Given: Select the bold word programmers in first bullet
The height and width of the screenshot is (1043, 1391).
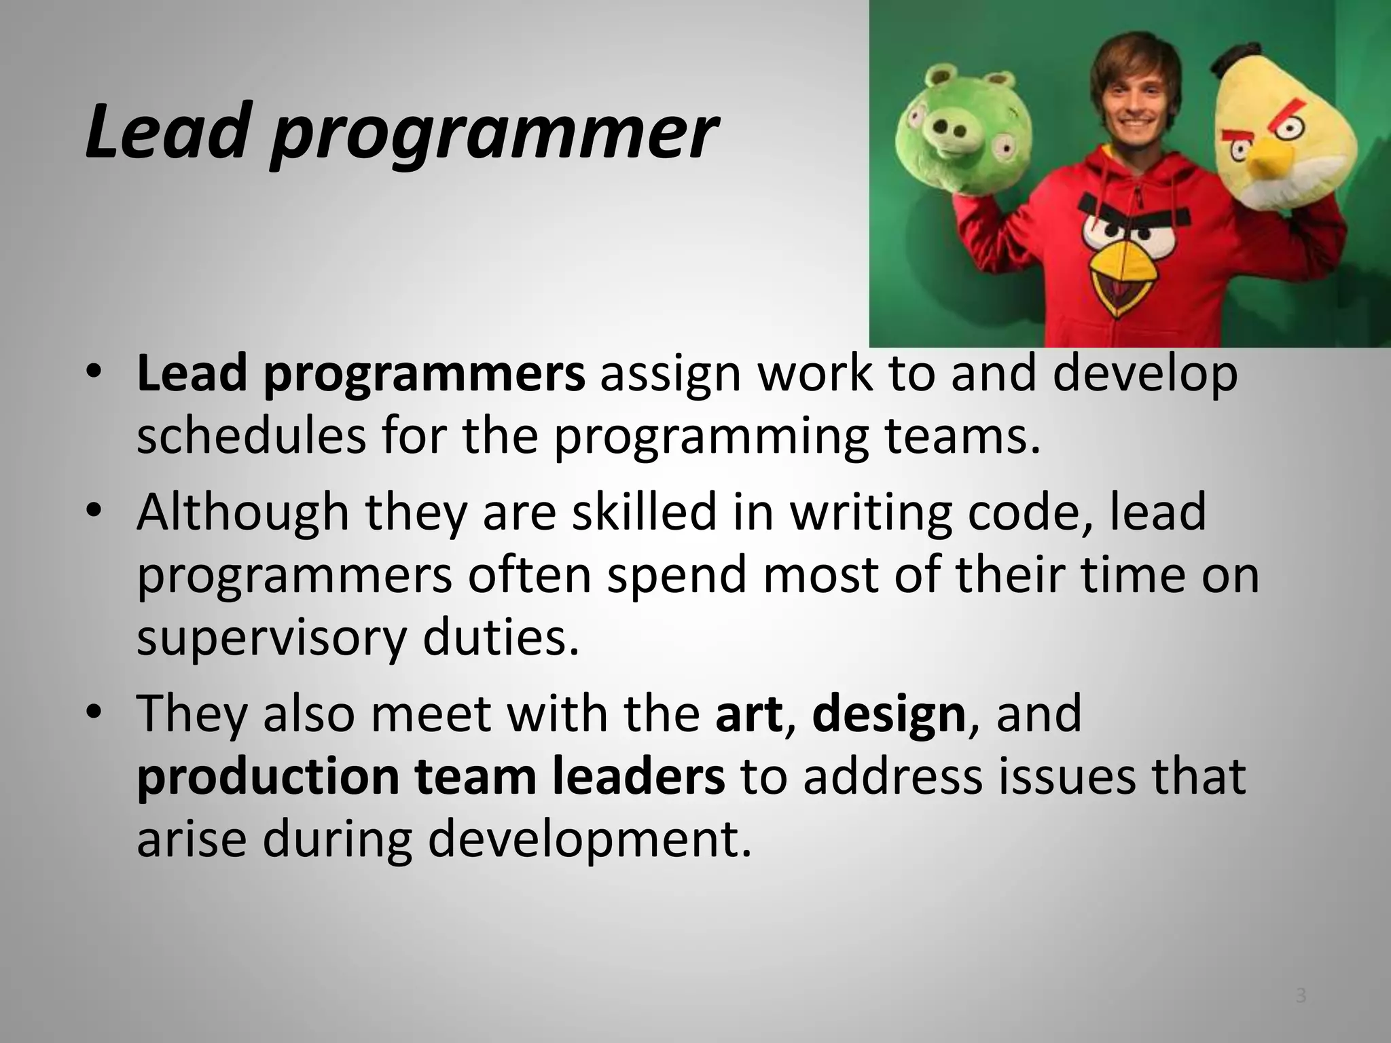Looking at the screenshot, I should click(424, 376).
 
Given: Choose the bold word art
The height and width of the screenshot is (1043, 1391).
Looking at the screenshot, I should click(748, 714).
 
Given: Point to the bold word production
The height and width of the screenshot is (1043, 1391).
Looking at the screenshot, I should click(268, 777).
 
